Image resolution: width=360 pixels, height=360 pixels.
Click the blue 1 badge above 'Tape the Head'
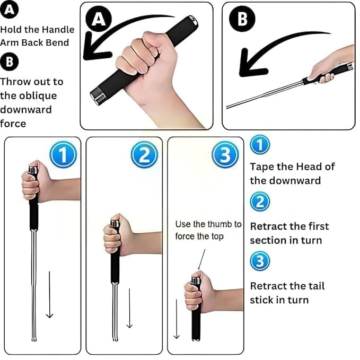tap(260, 145)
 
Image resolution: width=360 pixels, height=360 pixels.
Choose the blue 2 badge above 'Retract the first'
tap(260, 201)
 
